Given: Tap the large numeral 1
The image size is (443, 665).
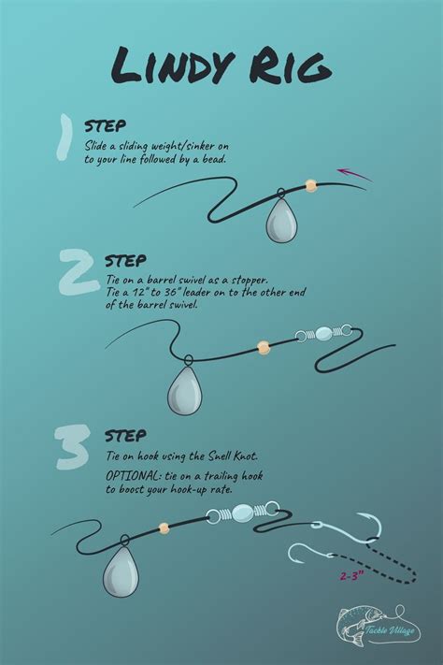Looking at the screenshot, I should pos(64,138).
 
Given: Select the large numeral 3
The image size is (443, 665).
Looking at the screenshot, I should pos(72,447).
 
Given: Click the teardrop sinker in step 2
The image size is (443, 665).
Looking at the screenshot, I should pos(185,390).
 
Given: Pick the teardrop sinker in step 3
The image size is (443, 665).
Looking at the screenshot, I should pos(121,571).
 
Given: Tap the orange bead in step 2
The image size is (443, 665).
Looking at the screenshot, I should pos(264,347).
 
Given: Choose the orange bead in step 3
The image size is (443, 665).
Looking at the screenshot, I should pos(164,528).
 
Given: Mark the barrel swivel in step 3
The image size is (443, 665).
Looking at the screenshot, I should pos(241,512).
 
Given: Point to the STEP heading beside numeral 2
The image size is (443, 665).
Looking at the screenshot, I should pos(125,261).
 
